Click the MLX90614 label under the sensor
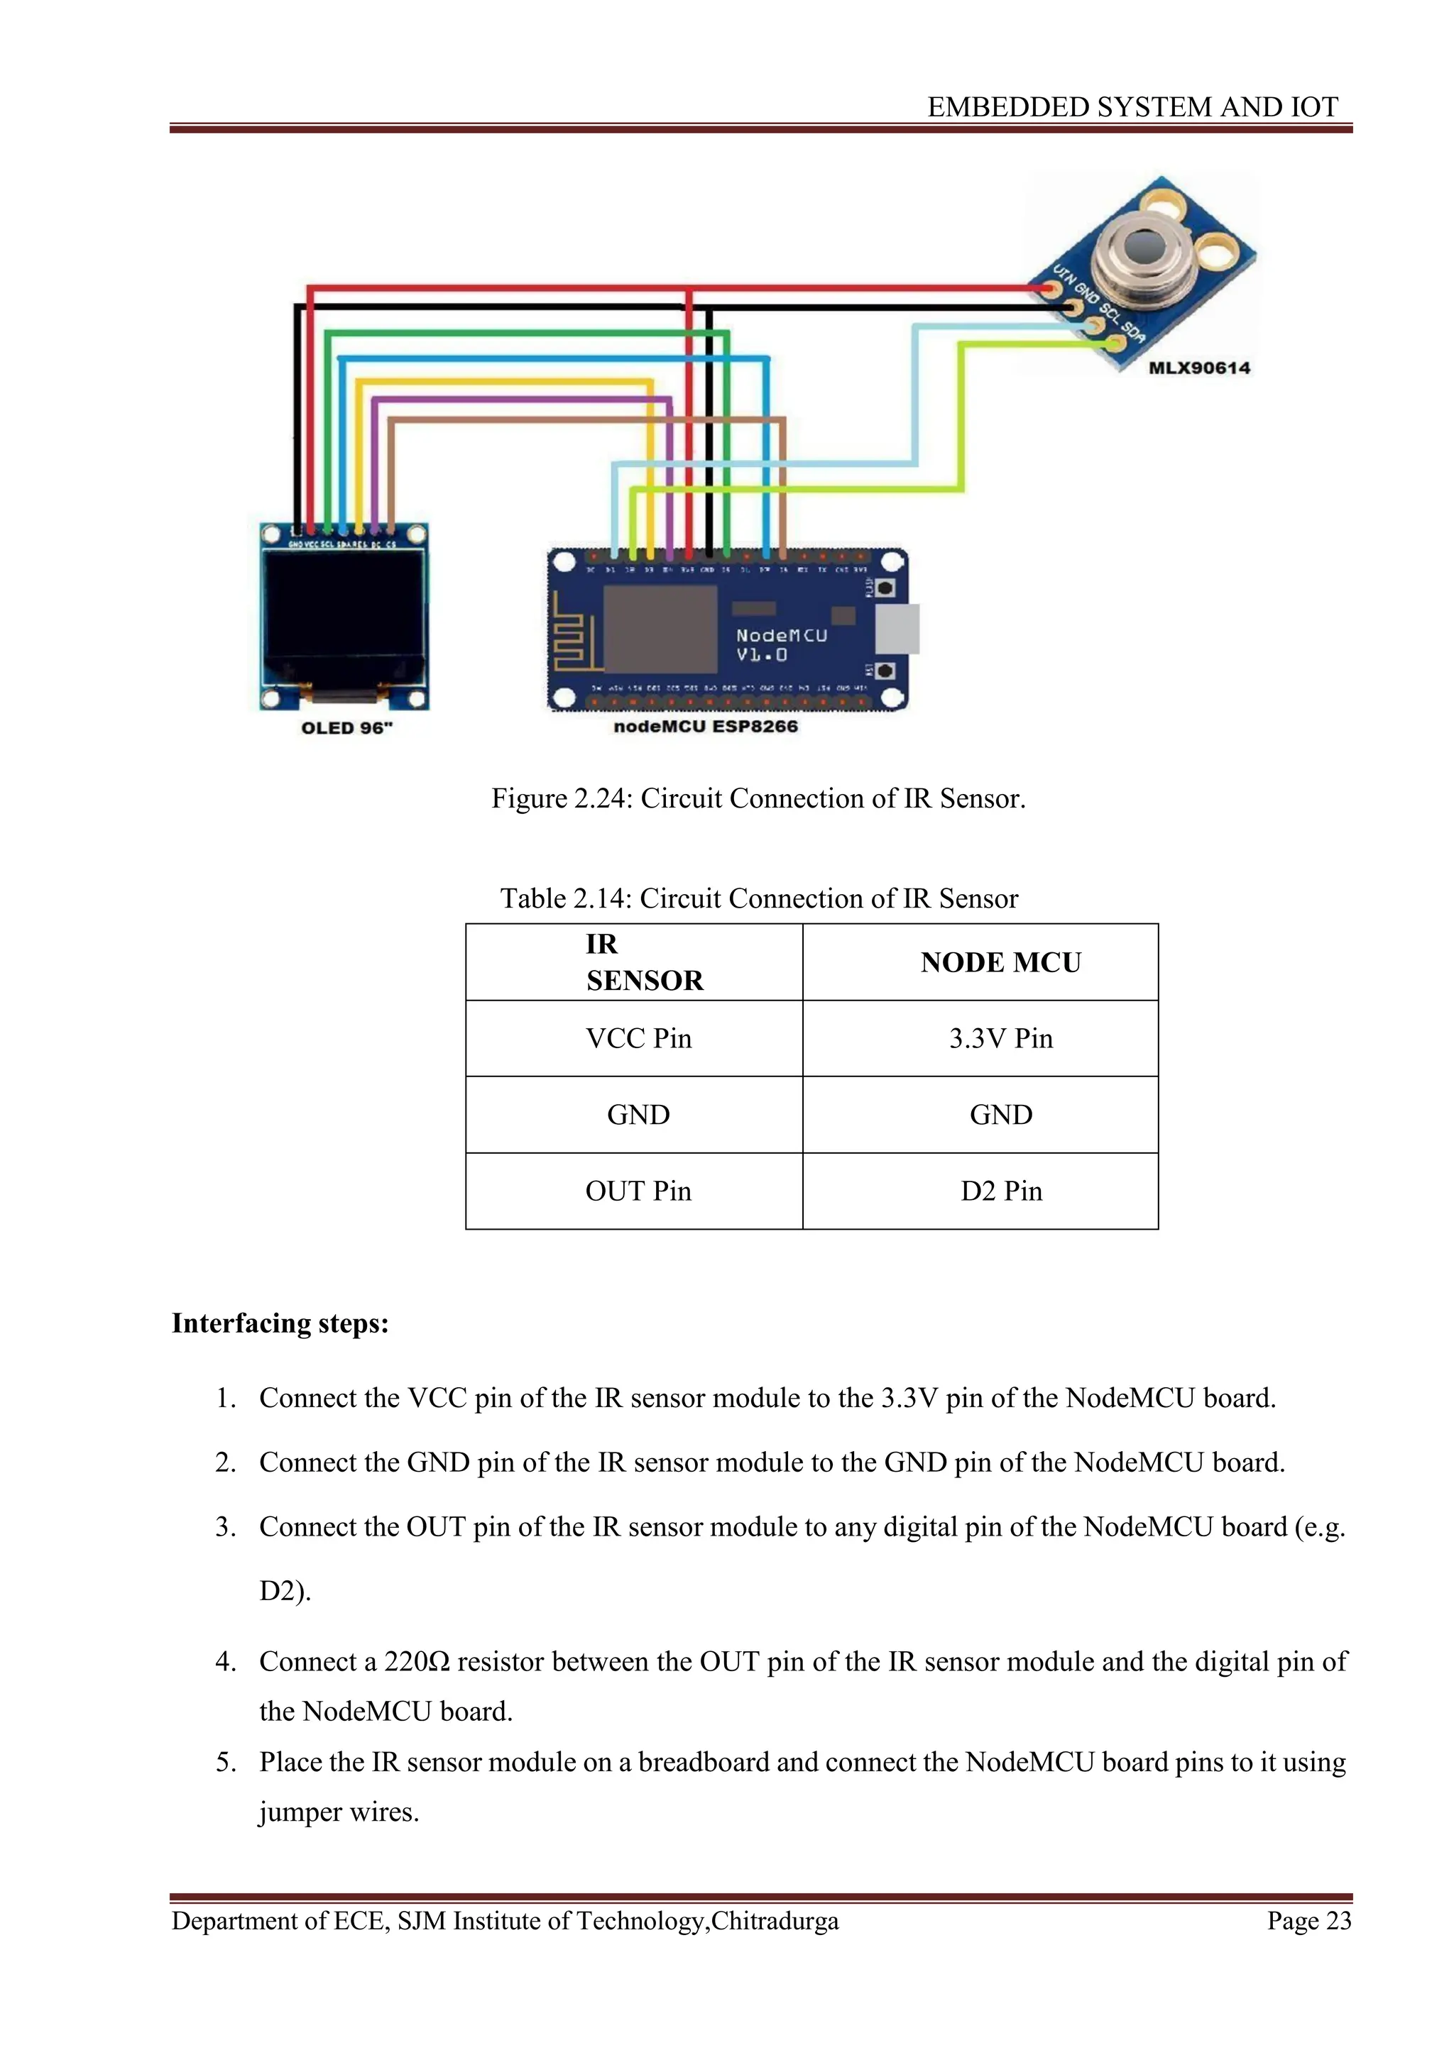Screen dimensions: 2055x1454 click(x=1199, y=368)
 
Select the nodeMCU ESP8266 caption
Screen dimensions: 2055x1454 click(x=706, y=726)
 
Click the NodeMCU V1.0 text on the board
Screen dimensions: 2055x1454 click(x=781, y=644)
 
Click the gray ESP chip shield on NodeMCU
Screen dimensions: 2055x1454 click(x=661, y=628)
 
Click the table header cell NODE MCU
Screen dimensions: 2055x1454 click(x=1001, y=962)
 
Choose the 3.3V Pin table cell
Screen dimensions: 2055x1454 click(x=1001, y=1038)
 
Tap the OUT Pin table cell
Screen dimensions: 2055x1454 click(x=638, y=1191)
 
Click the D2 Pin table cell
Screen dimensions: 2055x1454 click(x=1001, y=1191)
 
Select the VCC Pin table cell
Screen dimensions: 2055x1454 click(x=638, y=1038)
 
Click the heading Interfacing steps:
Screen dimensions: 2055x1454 click(x=280, y=1323)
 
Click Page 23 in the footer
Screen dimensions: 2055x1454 click(x=1308, y=1921)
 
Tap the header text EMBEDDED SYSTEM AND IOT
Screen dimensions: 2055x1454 click(x=1132, y=107)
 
